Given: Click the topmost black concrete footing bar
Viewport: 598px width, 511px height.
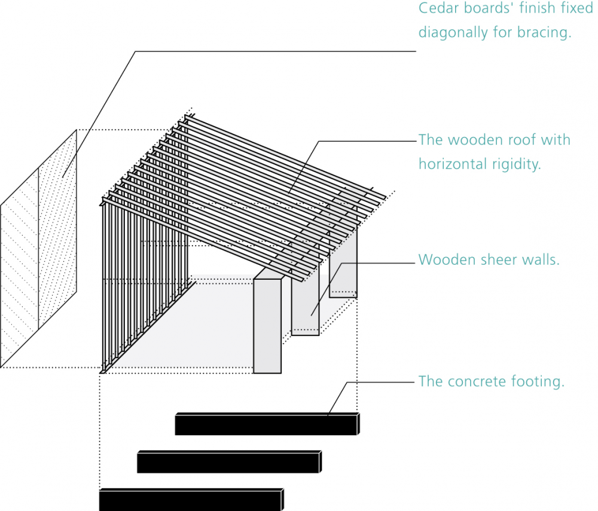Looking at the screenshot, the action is click(267, 424).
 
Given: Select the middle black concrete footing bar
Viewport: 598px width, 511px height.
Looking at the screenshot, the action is click(229, 462).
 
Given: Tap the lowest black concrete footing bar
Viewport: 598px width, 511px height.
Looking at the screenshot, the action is click(191, 500).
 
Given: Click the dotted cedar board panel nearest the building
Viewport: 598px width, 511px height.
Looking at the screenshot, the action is click(57, 229).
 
